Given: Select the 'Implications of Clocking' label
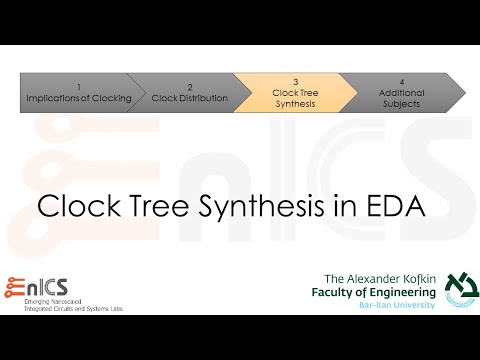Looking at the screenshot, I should (x=78, y=98).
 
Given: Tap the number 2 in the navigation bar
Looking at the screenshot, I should (x=190, y=87).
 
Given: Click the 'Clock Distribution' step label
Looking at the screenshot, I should (x=190, y=99).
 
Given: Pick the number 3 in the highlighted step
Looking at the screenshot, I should (x=296, y=82).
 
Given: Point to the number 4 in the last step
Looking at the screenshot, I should (x=401, y=82).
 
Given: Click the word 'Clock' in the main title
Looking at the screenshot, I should (x=79, y=206).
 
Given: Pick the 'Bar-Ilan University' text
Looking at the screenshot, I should (x=397, y=304).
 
